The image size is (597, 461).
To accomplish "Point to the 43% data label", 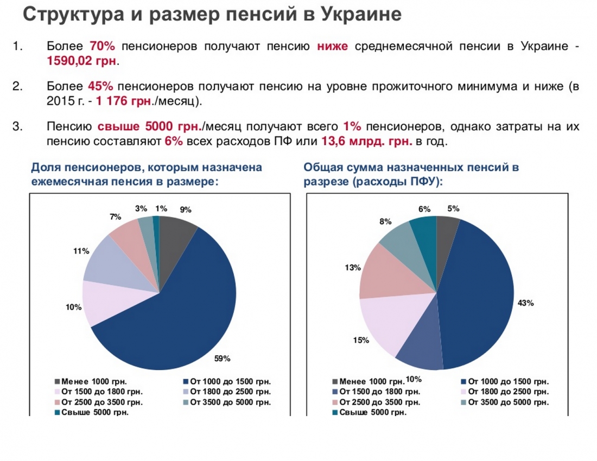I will click(526, 303).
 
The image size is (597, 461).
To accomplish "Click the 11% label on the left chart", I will click(81, 251).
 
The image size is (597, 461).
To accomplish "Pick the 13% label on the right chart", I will click(353, 267).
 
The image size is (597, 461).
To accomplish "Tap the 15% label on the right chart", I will click(361, 340).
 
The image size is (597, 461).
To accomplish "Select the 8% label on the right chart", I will click(385, 221).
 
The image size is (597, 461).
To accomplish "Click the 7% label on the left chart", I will click(115, 217).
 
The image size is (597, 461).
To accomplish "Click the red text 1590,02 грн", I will click(81, 60).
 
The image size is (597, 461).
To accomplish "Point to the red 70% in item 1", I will click(104, 46).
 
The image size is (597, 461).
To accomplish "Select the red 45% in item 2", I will click(100, 86).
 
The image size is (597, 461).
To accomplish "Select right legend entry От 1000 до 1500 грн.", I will click(508, 381).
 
